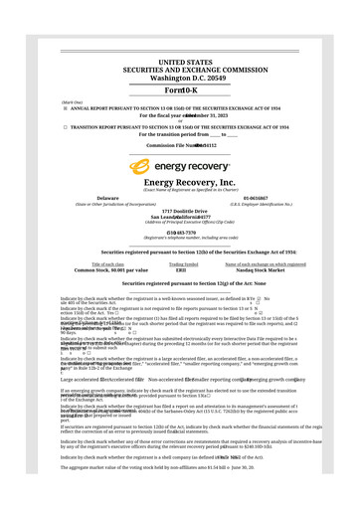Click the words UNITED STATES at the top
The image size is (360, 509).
pos(180,62)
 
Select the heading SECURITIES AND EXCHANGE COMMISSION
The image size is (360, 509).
pos(180,70)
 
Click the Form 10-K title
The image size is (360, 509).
pos(180,90)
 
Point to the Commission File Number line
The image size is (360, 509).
pos(180,145)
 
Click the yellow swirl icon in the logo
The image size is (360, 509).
pos(139,167)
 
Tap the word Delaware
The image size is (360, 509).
pos(108,199)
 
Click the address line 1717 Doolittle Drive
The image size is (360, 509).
pos(180,211)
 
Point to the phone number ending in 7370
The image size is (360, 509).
pos(180,233)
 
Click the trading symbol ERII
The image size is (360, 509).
pos(181,270)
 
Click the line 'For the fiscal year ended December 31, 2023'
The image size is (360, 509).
pos(180,114)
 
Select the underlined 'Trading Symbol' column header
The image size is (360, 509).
pos(183,264)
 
